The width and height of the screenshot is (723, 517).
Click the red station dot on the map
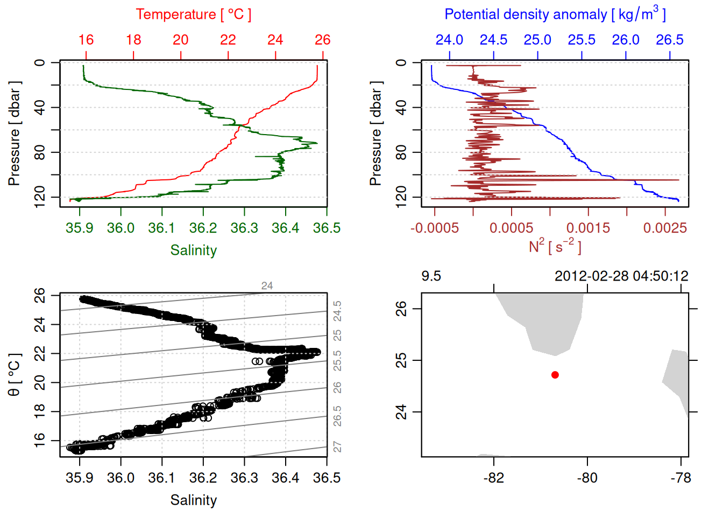point(555,375)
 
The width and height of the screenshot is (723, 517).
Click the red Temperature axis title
point(194,15)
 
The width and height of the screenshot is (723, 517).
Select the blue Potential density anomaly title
point(555,14)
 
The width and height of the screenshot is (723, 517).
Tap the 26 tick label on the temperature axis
point(323,40)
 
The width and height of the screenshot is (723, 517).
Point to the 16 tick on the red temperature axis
point(86,40)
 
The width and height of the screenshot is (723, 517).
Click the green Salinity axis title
point(194,250)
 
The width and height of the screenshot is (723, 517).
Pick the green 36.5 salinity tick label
point(327,228)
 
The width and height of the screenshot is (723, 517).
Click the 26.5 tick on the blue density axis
point(670,40)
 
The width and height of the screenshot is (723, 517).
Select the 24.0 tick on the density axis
point(449,40)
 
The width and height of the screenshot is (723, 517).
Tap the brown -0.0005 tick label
point(435,228)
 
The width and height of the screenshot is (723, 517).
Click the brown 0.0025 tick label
point(665,228)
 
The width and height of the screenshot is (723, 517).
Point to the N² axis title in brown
point(555,247)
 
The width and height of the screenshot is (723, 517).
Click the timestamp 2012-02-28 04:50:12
point(621,276)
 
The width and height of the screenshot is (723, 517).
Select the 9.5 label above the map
point(431,276)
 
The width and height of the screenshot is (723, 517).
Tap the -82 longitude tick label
point(494,478)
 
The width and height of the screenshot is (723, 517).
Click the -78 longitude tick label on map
point(681,478)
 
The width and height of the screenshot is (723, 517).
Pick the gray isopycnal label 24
point(267,286)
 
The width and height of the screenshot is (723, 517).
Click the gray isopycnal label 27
point(337,447)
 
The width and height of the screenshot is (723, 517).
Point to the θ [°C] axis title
point(15,375)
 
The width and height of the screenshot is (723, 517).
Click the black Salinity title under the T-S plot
point(194,500)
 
